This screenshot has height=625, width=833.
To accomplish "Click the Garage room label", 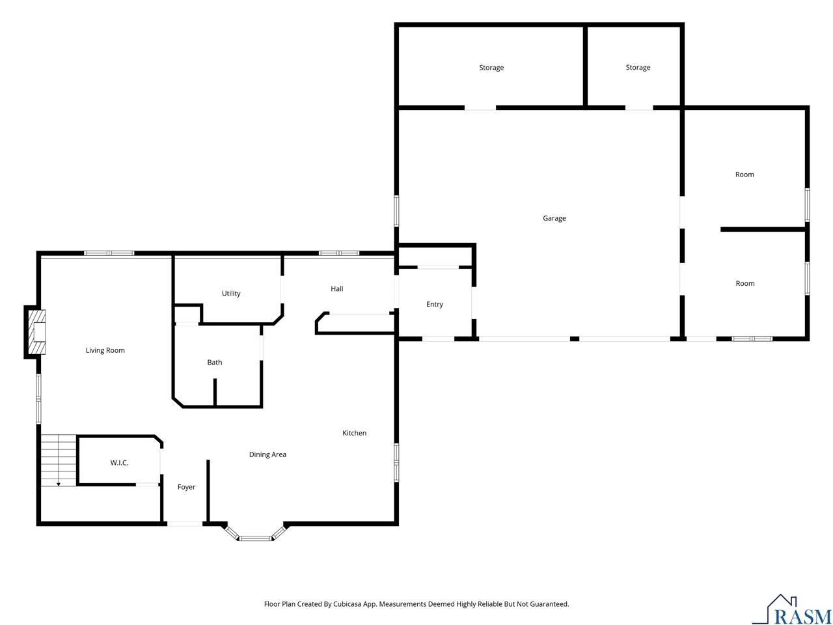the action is click(x=554, y=218).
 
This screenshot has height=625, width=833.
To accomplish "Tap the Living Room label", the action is click(x=105, y=350).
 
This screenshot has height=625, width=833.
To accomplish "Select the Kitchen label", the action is click(x=355, y=433).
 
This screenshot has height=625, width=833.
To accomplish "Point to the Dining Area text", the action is click(x=267, y=454).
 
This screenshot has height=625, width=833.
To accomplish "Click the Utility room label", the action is click(x=231, y=294).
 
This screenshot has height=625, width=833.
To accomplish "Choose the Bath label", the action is click(x=214, y=363).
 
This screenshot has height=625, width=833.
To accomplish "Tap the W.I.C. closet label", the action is click(x=119, y=463).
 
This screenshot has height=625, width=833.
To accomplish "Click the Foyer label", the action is click(x=186, y=487).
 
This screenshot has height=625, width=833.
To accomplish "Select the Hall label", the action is click(x=337, y=289).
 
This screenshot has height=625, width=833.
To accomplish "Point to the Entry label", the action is click(x=435, y=304).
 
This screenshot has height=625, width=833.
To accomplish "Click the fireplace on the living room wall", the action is click(x=36, y=332).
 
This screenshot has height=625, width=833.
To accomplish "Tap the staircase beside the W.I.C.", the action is click(x=59, y=460).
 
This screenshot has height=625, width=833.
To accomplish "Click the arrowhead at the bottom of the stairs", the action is click(x=59, y=484).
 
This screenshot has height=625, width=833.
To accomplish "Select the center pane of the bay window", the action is click(x=256, y=538).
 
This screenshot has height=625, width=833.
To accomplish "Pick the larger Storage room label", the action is click(x=491, y=68).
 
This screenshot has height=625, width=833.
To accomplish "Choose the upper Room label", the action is click(x=744, y=174).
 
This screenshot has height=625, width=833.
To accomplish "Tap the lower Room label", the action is click(x=745, y=283).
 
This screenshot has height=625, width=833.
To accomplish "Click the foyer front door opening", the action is click(x=185, y=523).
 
